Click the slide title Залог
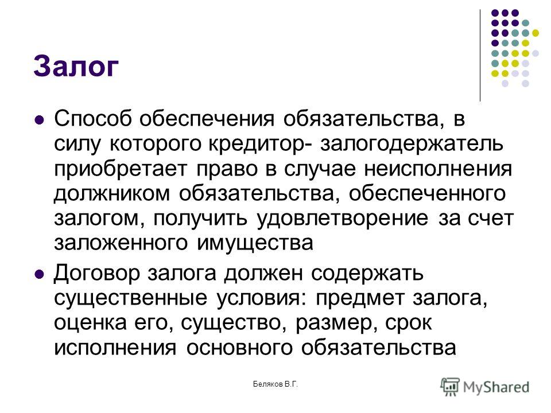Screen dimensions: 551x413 pos(76,67)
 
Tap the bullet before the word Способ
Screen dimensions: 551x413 pos(40,119)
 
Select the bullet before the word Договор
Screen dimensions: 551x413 pos(40,274)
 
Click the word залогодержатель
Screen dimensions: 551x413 pos(412,145)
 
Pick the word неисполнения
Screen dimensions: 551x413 pos(438,169)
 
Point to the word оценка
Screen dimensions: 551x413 pos(90,324)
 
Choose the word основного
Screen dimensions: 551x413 pos(239,348)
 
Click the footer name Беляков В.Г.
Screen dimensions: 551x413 pos(275,384)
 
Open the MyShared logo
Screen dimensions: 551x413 pos(485,387)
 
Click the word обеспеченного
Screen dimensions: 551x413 pos(427,194)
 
